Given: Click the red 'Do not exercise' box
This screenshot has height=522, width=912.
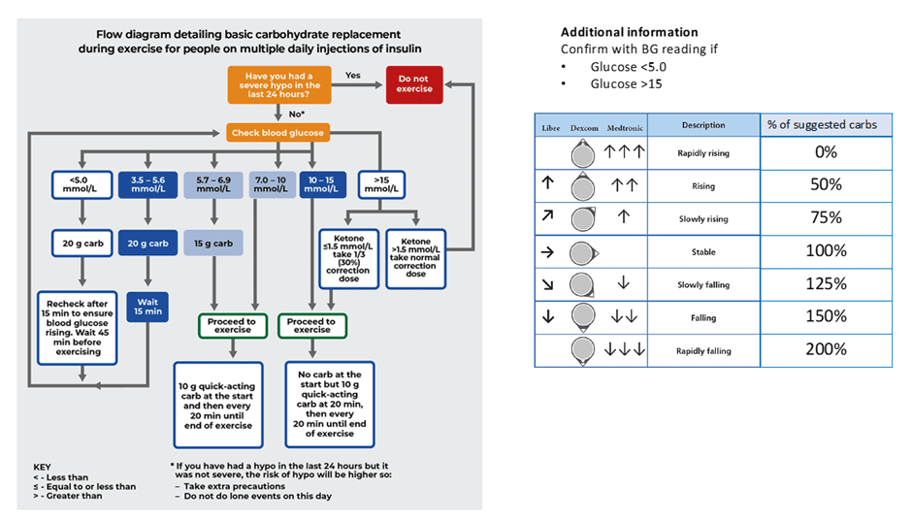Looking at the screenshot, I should click(x=414, y=84).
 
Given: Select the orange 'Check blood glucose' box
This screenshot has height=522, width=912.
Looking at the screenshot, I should click(x=277, y=132).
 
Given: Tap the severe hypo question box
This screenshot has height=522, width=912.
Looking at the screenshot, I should click(x=277, y=84).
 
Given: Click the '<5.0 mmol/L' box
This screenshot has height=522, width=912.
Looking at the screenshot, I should click(x=79, y=184).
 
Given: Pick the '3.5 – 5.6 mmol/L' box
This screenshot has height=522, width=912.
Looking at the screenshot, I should click(x=146, y=184).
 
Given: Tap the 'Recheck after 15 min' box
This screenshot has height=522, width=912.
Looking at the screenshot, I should click(x=79, y=325).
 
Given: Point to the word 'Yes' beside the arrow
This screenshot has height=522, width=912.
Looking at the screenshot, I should click(x=353, y=75).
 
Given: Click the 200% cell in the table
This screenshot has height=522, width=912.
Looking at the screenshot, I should click(x=825, y=349).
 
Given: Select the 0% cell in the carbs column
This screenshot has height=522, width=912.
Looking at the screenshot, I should click(x=825, y=152).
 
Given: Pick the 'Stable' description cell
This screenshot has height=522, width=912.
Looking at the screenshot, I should click(x=703, y=252).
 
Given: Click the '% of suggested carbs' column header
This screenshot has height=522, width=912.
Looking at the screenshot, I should click(x=825, y=125).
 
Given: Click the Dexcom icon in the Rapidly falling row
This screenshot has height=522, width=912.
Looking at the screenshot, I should click(x=583, y=350).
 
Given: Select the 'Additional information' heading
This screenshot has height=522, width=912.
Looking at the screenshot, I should click(x=629, y=32).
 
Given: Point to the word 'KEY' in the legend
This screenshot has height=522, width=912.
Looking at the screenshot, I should click(x=43, y=466).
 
